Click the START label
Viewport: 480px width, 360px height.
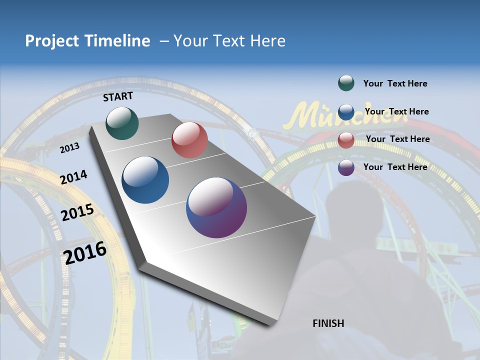(118, 96)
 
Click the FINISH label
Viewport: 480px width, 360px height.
(328, 323)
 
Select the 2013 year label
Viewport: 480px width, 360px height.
(70, 148)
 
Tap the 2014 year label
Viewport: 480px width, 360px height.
(74, 177)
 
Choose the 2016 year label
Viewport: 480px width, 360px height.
(85, 253)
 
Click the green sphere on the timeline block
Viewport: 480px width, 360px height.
(122, 123)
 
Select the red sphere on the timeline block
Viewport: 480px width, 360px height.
(189, 140)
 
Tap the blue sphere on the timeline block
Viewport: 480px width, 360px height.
(145, 180)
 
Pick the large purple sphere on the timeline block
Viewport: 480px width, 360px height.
(216, 207)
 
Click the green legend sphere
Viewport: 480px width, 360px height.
(346, 83)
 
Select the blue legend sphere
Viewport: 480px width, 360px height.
(346, 111)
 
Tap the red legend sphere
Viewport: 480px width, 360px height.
(346, 139)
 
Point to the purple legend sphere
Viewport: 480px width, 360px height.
(346, 167)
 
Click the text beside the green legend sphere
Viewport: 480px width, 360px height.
(395, 83)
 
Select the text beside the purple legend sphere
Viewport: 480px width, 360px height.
(395, 167)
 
